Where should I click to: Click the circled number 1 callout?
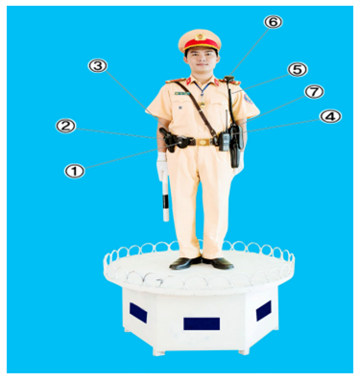75,171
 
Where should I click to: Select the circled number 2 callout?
65,126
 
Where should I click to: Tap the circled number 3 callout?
98,66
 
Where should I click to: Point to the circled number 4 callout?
330,116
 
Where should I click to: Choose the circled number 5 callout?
298,70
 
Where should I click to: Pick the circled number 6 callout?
274,22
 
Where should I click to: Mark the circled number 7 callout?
314,92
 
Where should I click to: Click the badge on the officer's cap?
201,36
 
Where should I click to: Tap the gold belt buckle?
203,142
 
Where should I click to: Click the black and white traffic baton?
165,196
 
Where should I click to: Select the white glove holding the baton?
162,166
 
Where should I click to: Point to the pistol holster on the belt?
170,140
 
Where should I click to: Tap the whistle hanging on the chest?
203,104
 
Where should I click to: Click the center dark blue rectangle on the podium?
202,323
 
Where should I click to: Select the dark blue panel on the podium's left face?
138,313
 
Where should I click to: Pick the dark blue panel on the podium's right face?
264,311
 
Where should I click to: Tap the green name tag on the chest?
182,93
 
